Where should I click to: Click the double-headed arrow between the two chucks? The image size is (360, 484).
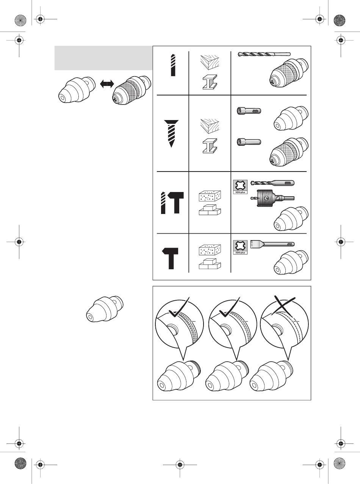click(107, 84)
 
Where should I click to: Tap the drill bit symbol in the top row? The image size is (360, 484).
click(173, 65)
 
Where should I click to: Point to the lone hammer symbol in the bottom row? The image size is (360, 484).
click(173, 258)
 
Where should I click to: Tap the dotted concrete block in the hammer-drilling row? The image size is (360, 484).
click(210, 197)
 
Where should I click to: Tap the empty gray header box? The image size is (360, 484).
click(103, 58)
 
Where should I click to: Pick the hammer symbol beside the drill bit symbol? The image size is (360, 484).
click(177, 203)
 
